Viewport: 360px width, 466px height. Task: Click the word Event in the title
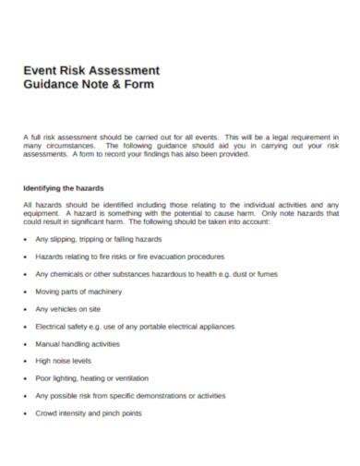(x=40, y=70)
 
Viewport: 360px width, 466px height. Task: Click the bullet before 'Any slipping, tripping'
(x=25, y=239)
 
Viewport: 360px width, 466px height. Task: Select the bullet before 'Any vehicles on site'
(x=25, y=308)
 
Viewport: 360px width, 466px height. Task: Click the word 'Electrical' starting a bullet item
(x=52, y=326)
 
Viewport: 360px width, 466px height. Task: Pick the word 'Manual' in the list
(x=48, y=343)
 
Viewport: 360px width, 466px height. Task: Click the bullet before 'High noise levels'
(x=25, y=361)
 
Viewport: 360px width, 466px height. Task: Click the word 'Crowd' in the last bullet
(x=46, y=412)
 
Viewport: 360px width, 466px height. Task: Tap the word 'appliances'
(x=213, y=326)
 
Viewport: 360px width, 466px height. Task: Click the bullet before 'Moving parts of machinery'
(x=25, y=291)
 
